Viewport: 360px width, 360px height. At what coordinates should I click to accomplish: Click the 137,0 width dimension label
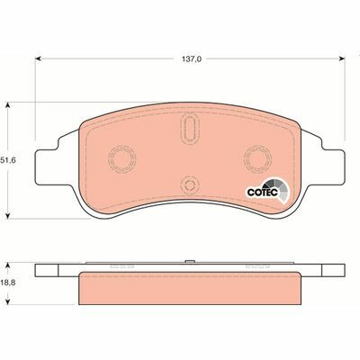pos(191,59)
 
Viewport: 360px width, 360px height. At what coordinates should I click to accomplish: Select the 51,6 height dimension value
pos(8,160)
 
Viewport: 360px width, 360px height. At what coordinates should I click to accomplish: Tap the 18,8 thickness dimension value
pos(8,283)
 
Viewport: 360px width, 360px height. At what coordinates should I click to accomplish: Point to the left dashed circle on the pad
pos(121,158)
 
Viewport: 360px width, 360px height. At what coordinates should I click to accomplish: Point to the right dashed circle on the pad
pos(258,158)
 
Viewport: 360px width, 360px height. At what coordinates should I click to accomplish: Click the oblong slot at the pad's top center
pos(190,129)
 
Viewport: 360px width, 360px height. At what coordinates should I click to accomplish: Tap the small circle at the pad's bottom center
pos(190,184)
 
